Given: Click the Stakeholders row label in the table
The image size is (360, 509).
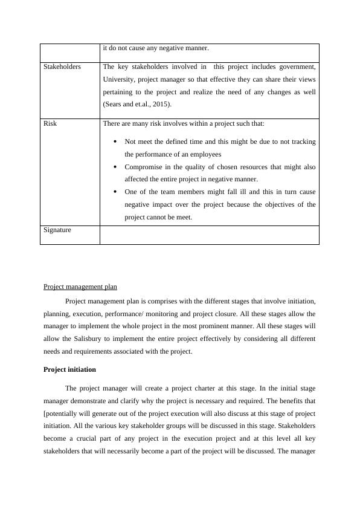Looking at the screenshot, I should tap(62, 66).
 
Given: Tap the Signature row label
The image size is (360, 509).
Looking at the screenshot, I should tap(57, 230).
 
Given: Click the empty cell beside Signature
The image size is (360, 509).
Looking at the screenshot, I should tap(209, 235).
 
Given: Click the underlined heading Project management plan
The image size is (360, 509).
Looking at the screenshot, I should tap(80, 287).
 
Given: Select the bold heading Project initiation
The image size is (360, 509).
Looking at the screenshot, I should tap(70, 369).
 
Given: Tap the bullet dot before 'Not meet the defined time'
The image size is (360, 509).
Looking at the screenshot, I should tap(115, 142).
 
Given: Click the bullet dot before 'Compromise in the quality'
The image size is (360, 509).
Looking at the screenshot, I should tap(115, 167).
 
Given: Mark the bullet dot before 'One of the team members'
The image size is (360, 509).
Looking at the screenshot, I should tap(115, 192).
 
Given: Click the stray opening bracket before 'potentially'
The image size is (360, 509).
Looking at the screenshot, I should tap(45, 413).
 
